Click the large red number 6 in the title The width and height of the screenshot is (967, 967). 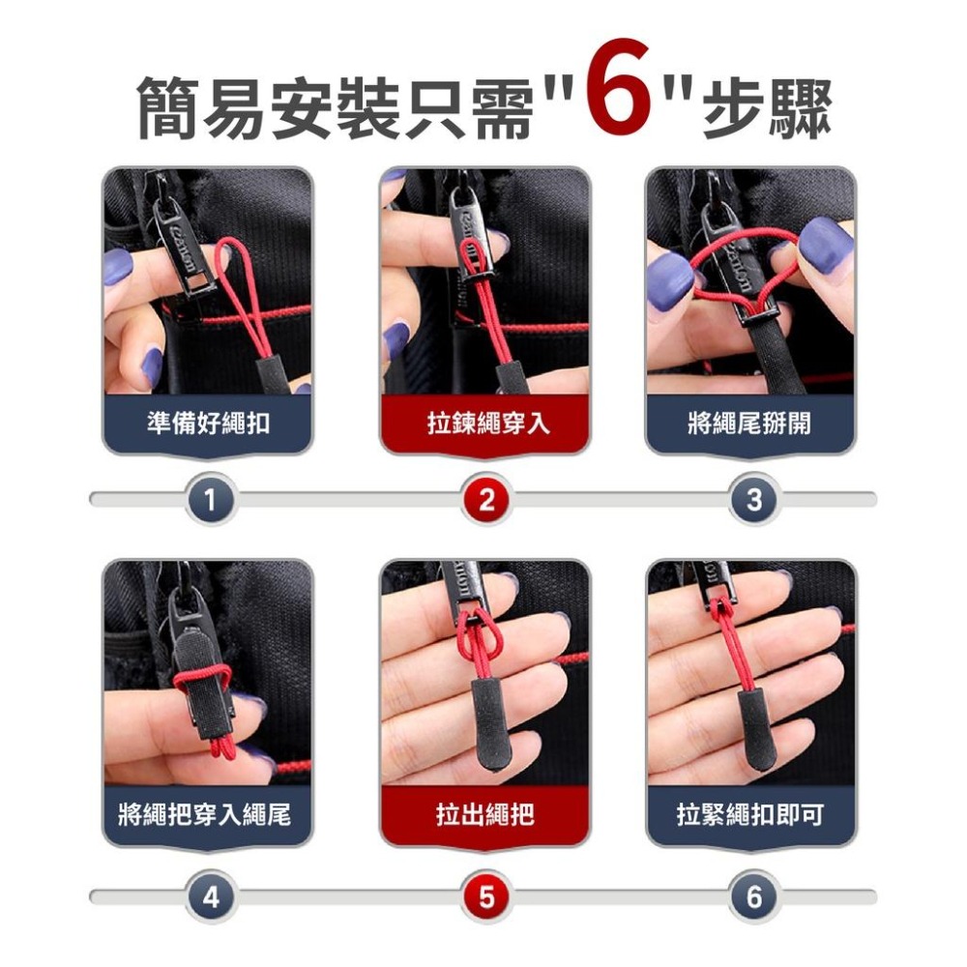click(618, 99)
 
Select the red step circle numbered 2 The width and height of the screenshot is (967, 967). click(485, 500)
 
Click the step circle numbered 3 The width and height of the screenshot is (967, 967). click(754, 500)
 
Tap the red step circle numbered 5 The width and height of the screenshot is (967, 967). click(485, 896)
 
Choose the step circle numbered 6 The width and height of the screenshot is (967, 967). click(754, 896)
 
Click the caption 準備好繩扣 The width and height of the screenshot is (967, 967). click(208, 423)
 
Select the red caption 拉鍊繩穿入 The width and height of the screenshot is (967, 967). click(485, 423)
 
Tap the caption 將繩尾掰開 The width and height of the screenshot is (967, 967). click(750, 423)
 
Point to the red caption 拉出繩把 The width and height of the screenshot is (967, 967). click(485, 815)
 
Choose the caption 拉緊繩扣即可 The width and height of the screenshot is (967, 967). click(750, 815)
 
